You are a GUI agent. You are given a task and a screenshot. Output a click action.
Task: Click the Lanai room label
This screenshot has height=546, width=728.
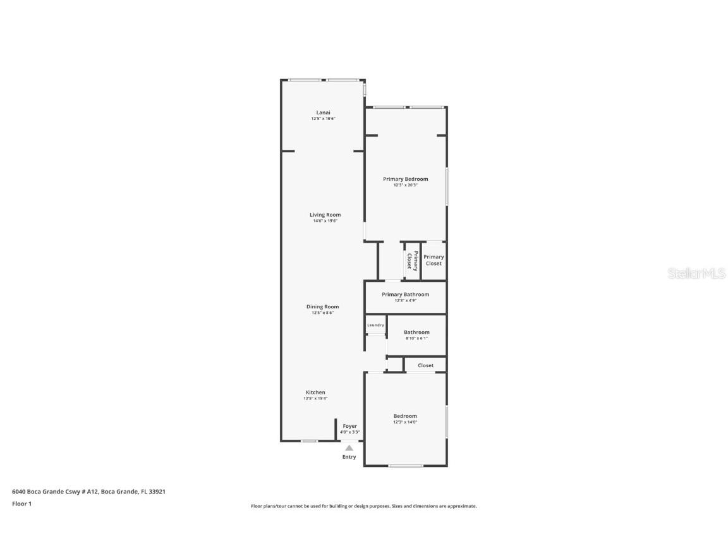click(x=323, y=112)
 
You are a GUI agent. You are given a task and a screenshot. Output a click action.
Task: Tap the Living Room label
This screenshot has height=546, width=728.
click(x=325, y=215)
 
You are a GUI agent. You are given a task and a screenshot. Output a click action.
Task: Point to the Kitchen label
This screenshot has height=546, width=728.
click(x=315, y=392)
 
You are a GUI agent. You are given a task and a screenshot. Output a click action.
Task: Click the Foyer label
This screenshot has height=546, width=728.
click(x=349, y=426)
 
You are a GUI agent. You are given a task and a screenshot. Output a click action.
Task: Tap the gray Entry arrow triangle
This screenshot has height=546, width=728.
click(x=349, y=447)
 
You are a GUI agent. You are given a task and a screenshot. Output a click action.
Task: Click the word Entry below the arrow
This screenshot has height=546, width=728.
click(x=349, y=457)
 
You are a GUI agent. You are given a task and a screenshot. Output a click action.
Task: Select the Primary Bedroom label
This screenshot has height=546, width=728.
click(x=405, y=179)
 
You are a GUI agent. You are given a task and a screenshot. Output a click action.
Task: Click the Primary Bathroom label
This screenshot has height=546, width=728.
click(x=405, y=294)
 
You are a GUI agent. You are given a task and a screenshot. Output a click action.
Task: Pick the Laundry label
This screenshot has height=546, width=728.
click(x=375, y=325)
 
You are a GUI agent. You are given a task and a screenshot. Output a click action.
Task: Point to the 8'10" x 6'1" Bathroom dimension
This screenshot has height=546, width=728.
click(x=416, y=338)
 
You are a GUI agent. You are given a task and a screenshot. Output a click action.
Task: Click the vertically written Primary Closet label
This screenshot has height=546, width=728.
click(x=412, y=260)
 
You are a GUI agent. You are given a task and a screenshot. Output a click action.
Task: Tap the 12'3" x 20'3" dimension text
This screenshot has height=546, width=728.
click(x=405, y=185)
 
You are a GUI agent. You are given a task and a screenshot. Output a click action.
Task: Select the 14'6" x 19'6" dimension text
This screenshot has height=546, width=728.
click(x=325, y=221)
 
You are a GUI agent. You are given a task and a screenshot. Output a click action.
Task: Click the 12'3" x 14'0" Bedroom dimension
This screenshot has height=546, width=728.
click(x=405, y=422)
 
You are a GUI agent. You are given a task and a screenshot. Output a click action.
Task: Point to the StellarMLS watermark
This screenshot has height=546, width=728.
click(x=697, y=273)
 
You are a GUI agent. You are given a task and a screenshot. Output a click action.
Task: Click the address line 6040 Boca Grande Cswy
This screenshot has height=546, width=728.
click(x=88, y=491)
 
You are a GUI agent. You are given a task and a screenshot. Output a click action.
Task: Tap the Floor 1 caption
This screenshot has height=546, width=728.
click(x=21, y=504)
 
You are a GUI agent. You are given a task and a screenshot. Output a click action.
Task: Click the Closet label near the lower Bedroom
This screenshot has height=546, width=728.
click(x=425, y=365)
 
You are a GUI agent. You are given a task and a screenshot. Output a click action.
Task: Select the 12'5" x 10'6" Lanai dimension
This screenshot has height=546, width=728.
click(x=323, y=119)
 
